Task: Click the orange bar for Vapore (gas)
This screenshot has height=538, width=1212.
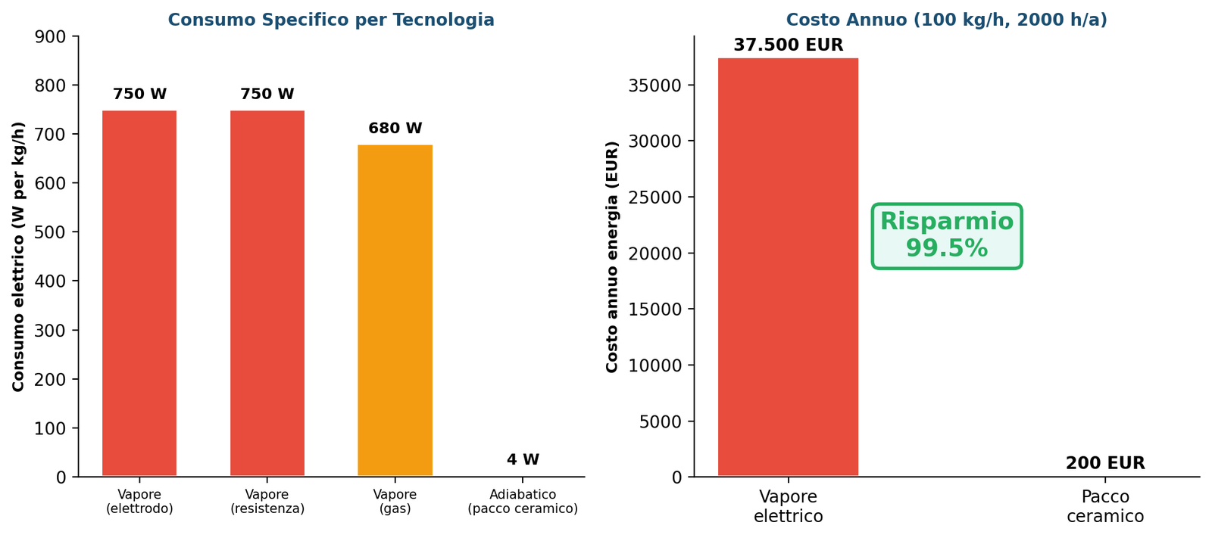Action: pyautogui.click(x=395, y=310)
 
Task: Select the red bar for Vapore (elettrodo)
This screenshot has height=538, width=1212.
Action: pyautogui.click(x=139, y=294)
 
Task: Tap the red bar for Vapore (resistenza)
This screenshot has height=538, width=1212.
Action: pyautogui.click(x=267, y=294)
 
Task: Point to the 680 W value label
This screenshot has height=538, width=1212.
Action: pyautogui.click(x=395, y=129)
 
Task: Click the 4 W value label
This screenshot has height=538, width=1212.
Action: pyautogui.click(x=523, y=460)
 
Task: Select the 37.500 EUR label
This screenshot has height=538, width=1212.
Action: pyautogui.click(x=788, y=45)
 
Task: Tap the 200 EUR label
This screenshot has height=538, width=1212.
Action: pyautogui.click(x=1104, y=464)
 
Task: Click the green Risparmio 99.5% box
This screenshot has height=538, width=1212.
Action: pyautogui.click(x=946, y=235)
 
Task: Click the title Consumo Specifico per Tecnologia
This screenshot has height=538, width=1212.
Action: pyautogui.click(x=331, y=20)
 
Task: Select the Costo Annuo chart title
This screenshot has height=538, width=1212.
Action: pyautogui.click(x=946, y=20)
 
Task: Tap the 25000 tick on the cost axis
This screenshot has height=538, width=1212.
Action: pyautogui.click(x=655, y=197)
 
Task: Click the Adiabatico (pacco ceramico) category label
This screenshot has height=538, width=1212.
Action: pyautogui.click(x=523, y=502)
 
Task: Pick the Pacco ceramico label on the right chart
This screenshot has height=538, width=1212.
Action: pyautogui.click(x=1104, y=507)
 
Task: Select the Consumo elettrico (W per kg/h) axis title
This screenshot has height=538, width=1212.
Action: pyautogui.click(x=19, y=257)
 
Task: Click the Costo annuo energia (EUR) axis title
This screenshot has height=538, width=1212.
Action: pyautogui.click(x=612, y=257)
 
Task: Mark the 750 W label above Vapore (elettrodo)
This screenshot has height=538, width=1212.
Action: pyautogui.click(x=139, y=95)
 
